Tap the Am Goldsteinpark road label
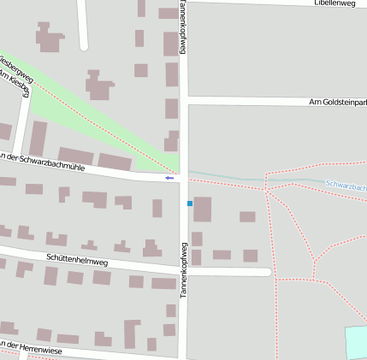337,103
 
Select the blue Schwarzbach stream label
346,185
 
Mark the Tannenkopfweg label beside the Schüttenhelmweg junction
183,269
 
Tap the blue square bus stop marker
190,204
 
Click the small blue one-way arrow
170,178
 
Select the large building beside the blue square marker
203,210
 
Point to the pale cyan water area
356,341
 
